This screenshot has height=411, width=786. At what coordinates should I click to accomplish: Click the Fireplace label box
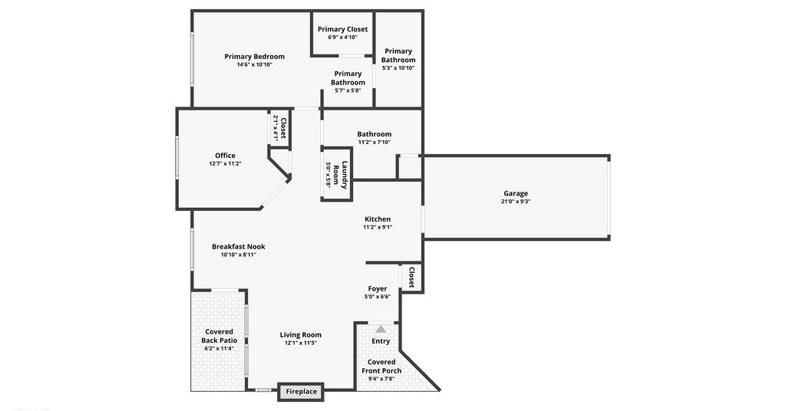301,392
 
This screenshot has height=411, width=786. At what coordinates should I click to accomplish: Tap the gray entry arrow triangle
381,329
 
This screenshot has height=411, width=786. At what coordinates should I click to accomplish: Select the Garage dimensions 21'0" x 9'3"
516,202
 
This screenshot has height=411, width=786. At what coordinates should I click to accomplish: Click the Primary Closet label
342,29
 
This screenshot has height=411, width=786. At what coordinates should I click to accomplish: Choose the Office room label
225,156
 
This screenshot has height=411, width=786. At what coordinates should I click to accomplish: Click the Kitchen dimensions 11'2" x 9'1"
378,227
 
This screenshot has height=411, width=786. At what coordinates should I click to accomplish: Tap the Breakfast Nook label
239,246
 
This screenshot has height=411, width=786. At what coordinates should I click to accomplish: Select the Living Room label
301,335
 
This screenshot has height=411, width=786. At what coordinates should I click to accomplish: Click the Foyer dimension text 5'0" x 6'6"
378,297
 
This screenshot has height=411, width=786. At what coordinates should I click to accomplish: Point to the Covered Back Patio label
219,336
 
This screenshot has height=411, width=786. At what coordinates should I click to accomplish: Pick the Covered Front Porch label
381,367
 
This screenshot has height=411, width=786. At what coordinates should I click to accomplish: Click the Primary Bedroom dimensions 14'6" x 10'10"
255,64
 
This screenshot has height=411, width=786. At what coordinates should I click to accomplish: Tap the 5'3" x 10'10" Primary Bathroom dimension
398,68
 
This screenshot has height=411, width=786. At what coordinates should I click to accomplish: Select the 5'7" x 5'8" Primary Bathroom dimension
348,90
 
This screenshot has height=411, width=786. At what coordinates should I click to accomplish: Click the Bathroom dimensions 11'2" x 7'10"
375,142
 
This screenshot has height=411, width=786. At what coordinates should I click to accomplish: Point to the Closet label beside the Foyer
411,278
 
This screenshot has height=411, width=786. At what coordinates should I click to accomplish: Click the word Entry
381,341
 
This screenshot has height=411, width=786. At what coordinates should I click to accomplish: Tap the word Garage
516,193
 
